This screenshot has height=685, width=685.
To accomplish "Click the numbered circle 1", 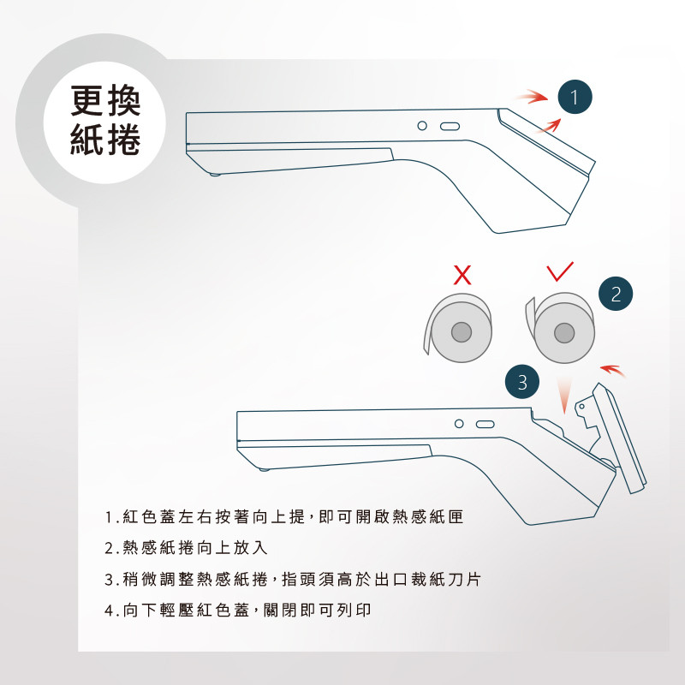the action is tap(575, 97).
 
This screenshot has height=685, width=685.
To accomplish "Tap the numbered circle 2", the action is tap(616, 294).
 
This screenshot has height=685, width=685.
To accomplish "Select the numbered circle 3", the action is tap(522, 382).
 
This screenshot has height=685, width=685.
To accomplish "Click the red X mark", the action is tap(462, 275).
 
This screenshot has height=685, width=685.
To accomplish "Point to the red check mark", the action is tap(560, 271).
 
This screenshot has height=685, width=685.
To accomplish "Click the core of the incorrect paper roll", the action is tap(462, 332).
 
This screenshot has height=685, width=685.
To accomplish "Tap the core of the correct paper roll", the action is tap(564, 333).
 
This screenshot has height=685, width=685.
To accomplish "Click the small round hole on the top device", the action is tap(422, 126).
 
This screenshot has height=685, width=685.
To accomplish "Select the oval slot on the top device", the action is tap(450, 126).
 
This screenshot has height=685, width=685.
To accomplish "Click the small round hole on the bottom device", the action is tap(459, 424).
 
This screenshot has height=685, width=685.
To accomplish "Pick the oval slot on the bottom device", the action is tap(485, 424).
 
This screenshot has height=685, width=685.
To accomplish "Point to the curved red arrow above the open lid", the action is tap(613, 371).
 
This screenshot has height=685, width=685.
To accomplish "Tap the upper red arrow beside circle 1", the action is tap(531, 97).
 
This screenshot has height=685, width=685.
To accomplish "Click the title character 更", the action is tap(87, 100).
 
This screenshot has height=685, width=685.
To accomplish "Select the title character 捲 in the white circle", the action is tap(123, 140).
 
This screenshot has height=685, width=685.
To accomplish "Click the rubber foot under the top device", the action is tap(215, 175).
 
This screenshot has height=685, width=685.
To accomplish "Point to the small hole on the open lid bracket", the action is tap(581, 407).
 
